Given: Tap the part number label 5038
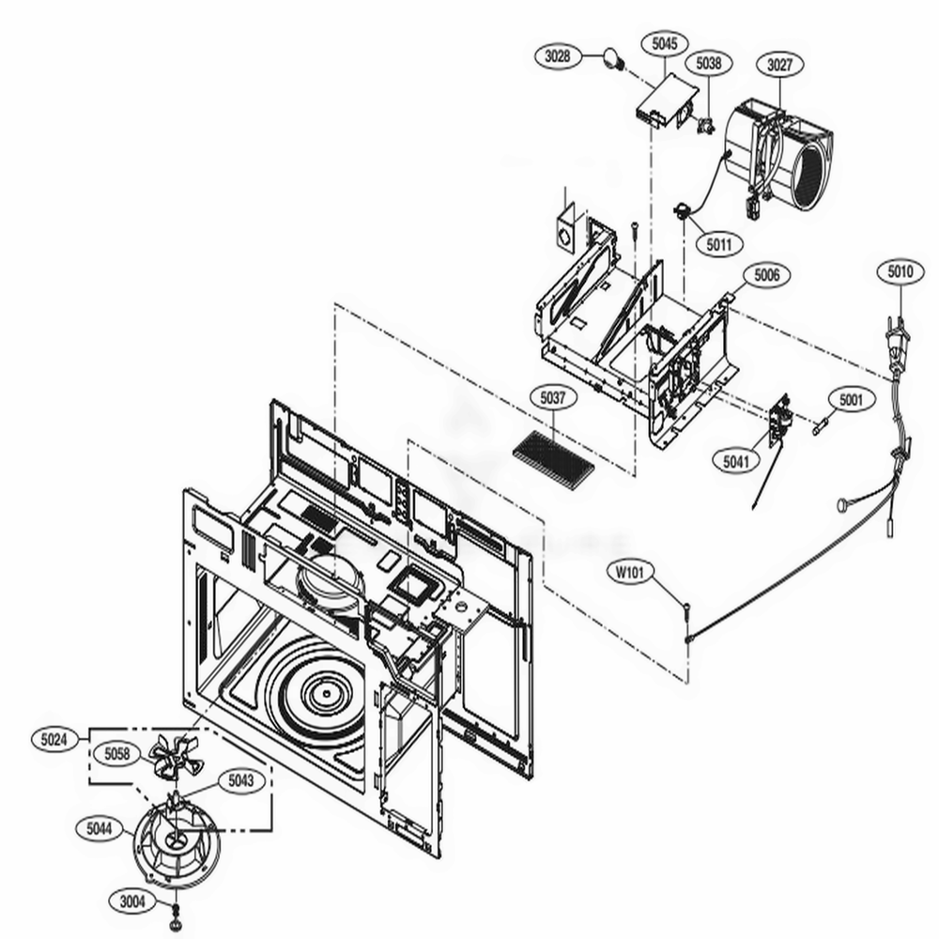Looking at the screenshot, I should coord(710,63).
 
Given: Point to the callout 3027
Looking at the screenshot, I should coord(779,66).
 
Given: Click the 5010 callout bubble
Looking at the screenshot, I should coord(900,272).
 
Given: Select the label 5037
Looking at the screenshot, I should coord(553,398).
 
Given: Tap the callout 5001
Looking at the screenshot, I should coord(851,400).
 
